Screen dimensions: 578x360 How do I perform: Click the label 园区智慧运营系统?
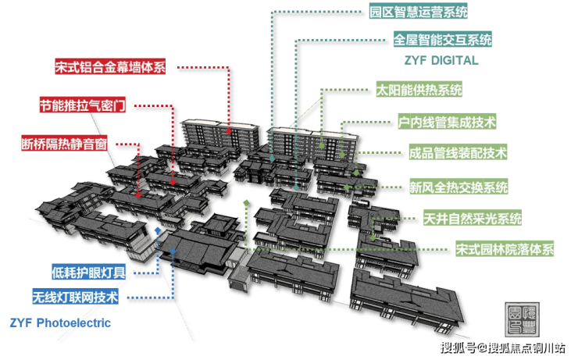pos(419,12)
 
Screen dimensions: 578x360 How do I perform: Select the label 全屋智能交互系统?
pos(442,39)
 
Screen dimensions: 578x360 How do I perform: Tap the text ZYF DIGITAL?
pos(441,60)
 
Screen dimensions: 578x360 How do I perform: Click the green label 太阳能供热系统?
pos(419,90)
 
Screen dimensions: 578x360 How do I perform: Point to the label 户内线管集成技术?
pos(447,122)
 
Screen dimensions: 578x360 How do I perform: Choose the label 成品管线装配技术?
pos(458,152)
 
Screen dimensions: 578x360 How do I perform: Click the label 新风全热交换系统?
pos(458,187)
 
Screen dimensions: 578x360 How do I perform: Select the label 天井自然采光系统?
pos(473,218)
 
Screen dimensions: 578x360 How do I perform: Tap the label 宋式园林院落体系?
pos(505,249)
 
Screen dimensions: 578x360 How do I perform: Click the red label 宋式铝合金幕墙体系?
pos(110,66)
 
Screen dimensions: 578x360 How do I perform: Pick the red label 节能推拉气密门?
pos(83,105)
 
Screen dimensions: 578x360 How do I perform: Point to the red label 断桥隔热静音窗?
pos(64,144)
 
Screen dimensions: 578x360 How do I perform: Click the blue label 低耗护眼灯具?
pos(88,273)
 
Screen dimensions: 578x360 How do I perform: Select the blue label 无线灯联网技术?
pos(75,297)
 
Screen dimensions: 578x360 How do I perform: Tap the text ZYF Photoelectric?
pos(60,323)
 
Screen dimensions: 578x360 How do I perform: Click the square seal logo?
pos(522,319)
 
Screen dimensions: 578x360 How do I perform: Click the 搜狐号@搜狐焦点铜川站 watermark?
pos(503,348)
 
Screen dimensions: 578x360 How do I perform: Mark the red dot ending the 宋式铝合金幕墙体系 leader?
pos(229,131)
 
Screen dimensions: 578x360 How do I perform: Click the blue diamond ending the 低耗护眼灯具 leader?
pos(158,230)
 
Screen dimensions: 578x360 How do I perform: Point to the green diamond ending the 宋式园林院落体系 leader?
pos(246,203)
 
